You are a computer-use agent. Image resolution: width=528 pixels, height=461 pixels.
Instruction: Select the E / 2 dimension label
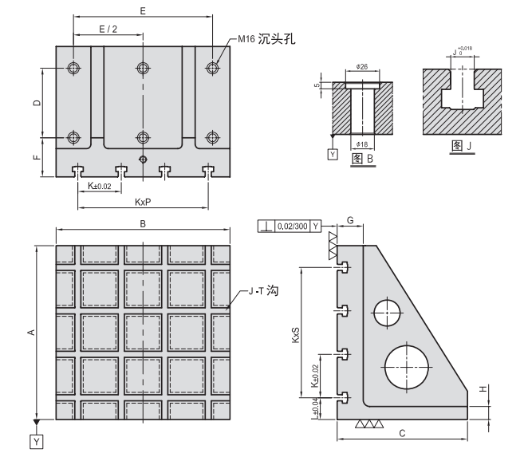(108, 29)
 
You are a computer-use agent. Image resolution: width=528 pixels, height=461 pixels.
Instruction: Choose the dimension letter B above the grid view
(142, 224)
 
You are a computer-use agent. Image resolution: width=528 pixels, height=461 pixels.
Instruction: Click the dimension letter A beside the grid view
(31, 333)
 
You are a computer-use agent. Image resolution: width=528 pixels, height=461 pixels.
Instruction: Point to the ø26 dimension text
(362, 65)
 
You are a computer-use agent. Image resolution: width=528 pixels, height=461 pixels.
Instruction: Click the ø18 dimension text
(362, 144)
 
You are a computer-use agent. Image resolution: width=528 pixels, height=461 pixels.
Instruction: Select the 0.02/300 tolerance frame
(291, 226)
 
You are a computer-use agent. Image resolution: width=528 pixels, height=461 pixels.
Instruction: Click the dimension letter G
(349, 219)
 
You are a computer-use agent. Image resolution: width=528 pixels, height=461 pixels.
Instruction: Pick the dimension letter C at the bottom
(402, 433)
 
